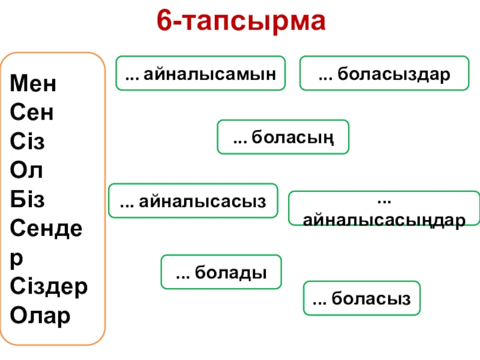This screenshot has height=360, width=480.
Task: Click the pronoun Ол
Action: point(27,170)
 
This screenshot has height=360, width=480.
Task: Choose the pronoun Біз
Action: point(28,199)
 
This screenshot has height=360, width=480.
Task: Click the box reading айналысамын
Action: point(200,74)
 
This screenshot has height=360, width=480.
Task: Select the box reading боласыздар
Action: point(384,74)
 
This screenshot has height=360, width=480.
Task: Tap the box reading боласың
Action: point(283,137)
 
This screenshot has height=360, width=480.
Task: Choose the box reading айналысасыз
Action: point(193,200)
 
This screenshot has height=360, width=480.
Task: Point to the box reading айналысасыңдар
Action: point(384,209)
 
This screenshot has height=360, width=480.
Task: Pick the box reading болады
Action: point(221,272)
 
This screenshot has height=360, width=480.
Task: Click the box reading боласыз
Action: point(362,298)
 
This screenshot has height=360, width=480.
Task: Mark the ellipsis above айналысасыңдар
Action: point(384,198)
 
